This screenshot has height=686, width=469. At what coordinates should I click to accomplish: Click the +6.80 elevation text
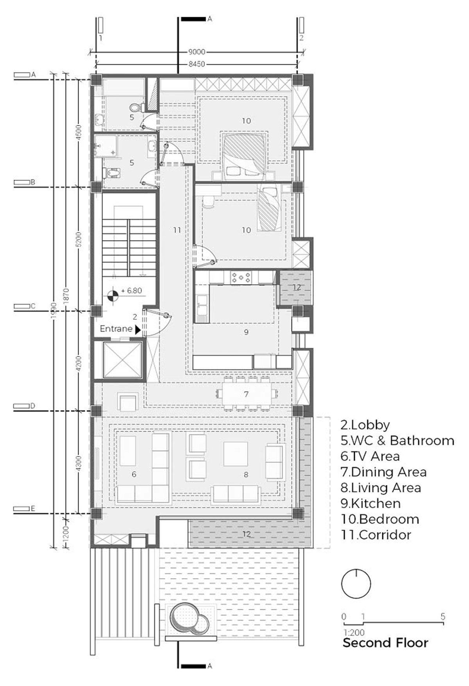tap(131, 291)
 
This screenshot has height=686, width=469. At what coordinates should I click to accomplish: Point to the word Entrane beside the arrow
tap(116, 329)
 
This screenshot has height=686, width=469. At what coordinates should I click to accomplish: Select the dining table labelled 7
tap(246, 394)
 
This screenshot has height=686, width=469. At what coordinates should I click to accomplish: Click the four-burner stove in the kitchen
tap(242, 277)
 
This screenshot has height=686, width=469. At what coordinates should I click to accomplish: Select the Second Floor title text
tap(385, 643)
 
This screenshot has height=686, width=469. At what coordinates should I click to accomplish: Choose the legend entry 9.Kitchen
tap(371, 503)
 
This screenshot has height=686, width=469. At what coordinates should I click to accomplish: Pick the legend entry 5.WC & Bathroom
tap(397, 440)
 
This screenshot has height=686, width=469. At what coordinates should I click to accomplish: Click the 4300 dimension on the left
tap(79, 464)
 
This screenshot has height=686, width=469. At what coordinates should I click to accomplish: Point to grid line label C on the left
tap(33, 306)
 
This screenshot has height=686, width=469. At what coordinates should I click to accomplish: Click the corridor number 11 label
tap(177, 230)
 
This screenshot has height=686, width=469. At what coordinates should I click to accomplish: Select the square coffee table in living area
tap(235, 454)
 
